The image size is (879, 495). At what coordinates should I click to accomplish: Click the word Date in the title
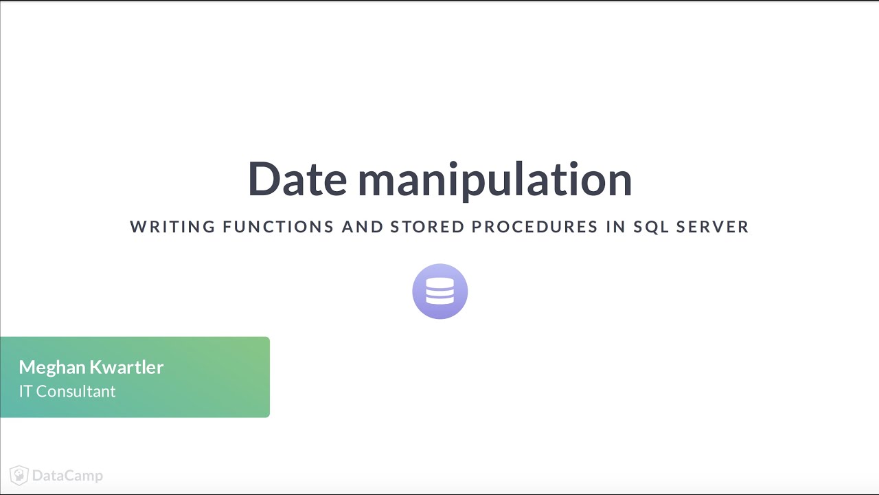point(297,179)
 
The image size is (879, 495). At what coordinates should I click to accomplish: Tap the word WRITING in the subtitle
point(172,227)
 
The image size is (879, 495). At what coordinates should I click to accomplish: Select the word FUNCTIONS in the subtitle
point(278,227)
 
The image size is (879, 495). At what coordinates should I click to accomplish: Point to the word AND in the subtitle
point(362,227)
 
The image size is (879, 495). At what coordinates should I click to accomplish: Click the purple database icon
point(439,291)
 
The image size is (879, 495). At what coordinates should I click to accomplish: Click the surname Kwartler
point(129,367)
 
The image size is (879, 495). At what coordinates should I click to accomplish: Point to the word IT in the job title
point(25,391)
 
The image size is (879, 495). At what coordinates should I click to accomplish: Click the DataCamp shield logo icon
point(19,475)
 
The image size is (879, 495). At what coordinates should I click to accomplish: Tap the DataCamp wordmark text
point(67,475)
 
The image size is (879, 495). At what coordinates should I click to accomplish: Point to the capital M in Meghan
point(27,367)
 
